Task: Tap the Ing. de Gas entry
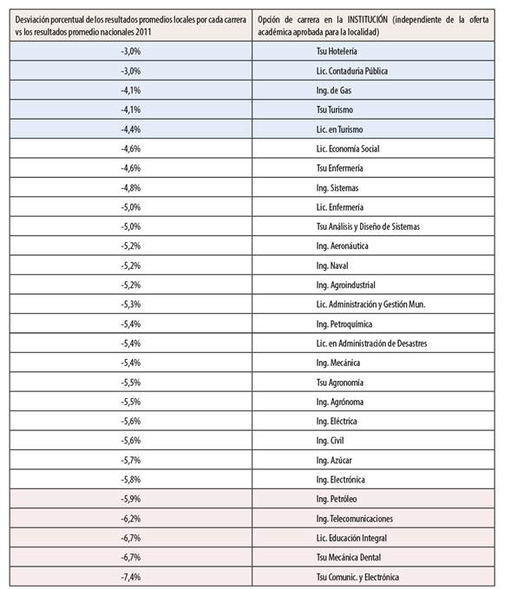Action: point(333,90)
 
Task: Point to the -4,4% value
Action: point(130,129)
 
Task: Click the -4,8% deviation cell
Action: point(130,187)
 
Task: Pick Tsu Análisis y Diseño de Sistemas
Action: point(368,226)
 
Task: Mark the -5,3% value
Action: point(130,304)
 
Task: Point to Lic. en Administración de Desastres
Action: point(371,344)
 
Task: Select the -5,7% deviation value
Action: point(130,460)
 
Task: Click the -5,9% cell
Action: point(130,499)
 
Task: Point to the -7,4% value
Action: point(130,577)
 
